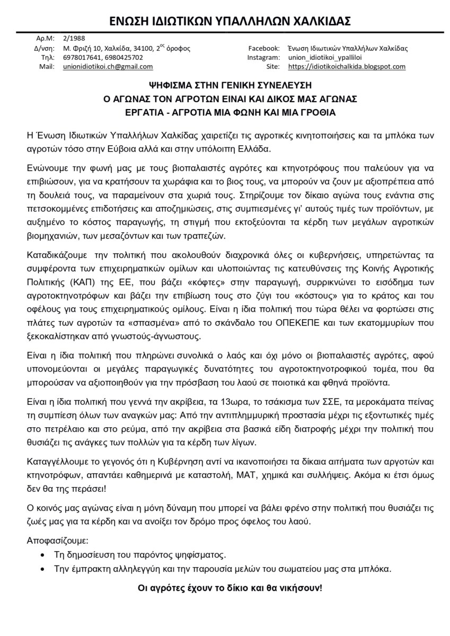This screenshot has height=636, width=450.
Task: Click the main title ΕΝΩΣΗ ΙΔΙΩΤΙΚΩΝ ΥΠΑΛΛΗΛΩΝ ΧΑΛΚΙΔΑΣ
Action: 225,21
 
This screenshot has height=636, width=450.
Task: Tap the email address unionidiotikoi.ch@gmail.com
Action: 108,67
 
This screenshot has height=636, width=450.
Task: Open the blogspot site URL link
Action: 347,67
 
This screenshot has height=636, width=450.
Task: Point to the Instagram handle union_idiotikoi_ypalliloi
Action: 331,57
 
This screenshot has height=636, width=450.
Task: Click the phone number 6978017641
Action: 80,57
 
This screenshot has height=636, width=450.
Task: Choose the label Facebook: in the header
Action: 263,48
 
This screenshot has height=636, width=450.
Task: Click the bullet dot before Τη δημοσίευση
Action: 43,555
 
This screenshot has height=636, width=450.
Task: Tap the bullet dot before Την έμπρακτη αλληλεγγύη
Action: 43,569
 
